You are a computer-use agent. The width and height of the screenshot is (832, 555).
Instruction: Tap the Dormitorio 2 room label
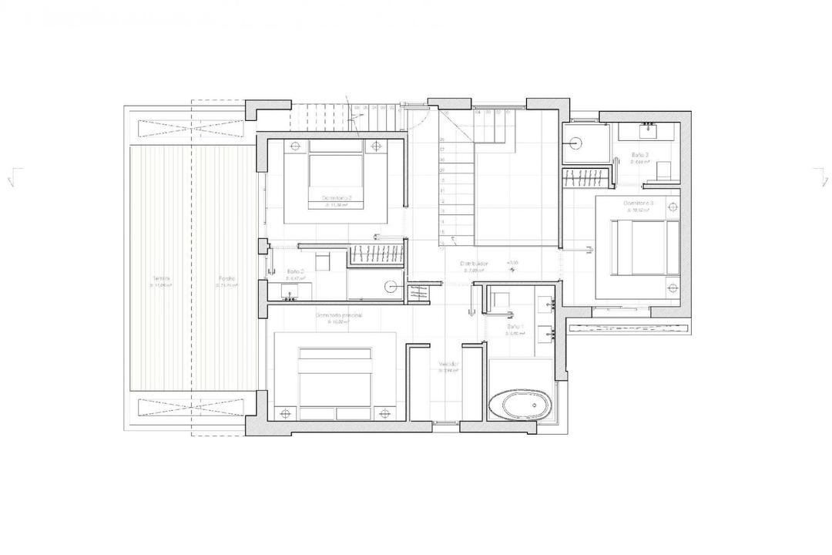[x=337, y=199]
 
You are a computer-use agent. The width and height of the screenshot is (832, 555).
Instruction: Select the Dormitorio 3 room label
[x=639, y=203]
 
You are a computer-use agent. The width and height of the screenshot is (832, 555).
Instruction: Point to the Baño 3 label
[x=639, y=155]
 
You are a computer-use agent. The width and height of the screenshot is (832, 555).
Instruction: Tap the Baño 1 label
[x=515, y=327]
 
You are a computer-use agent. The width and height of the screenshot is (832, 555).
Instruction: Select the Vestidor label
[x=449, y=364]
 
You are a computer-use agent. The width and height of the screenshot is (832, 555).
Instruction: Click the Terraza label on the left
[x=160, y=278]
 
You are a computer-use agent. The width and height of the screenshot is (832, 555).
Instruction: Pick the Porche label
[x=226, y=278]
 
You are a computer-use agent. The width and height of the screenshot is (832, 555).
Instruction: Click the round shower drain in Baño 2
[x=390, y=286]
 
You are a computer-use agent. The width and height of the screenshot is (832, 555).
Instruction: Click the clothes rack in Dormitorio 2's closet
[x=377, y=255]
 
